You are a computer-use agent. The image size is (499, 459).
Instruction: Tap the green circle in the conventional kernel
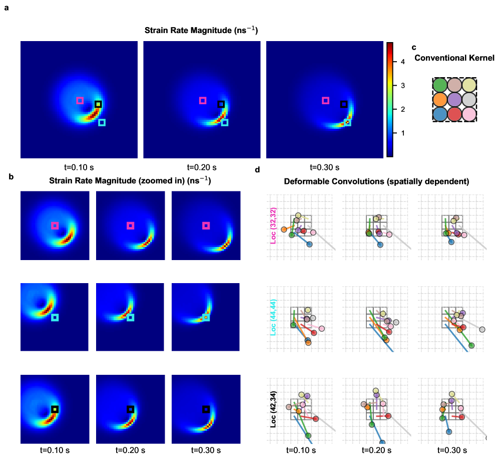(x=440, y=84)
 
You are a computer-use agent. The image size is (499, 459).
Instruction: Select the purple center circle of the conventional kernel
(x=454, y=99)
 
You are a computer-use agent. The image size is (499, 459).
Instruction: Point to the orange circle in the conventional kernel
(x=440, y=99)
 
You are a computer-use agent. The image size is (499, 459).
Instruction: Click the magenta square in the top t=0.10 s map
(x=80, y=100)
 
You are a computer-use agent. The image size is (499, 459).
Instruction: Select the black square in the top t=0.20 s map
(x=221, y=104)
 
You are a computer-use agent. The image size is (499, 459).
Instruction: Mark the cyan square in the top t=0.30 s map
(x=347, y=122)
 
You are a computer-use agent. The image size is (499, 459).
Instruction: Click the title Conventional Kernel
(x=454, y=58)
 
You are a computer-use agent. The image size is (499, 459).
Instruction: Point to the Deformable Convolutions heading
(x=376, y=182)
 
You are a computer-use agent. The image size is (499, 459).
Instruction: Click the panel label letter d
(x=257, y=169)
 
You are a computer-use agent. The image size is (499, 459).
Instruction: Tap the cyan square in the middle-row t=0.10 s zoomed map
(x=55, y=317)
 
